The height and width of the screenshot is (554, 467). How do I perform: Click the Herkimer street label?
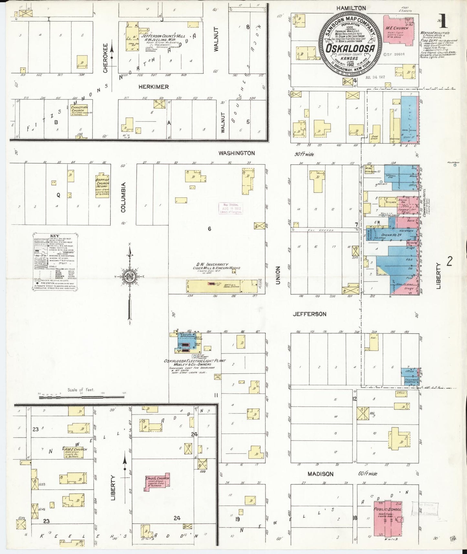(154, 87)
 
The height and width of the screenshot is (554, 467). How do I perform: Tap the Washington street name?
(237, 153)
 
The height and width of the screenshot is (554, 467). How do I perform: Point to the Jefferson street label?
(309, 314)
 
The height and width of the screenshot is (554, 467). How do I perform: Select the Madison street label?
(320, 474)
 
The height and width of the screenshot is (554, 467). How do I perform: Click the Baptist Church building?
(102, 186)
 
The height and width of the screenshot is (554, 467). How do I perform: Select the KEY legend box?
(55, 262)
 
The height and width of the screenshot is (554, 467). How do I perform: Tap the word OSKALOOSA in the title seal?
(351, 48)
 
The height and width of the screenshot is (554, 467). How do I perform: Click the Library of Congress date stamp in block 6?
(230, 208)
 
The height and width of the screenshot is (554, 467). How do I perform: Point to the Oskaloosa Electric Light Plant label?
(195, 361)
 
